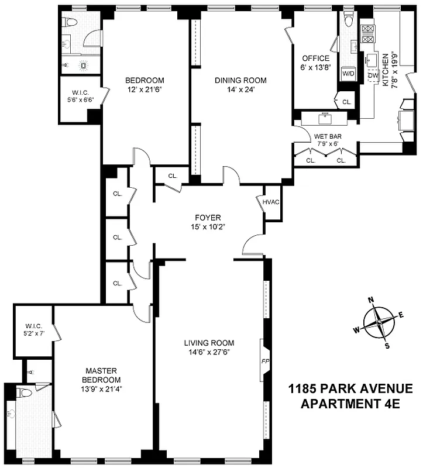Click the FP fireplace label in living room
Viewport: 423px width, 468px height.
[x=264, y=361]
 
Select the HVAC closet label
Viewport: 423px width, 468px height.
[x=271, y=202]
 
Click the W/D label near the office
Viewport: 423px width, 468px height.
[x=348, y=74]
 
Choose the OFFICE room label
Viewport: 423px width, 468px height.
[x=315, y=58]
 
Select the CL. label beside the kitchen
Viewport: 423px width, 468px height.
[x=346, y=102]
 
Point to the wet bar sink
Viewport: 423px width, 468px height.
[x=325, y=119]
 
